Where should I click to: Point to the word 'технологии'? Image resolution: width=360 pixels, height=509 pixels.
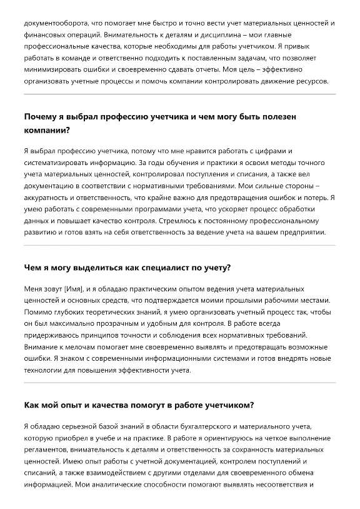coord(45,370)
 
